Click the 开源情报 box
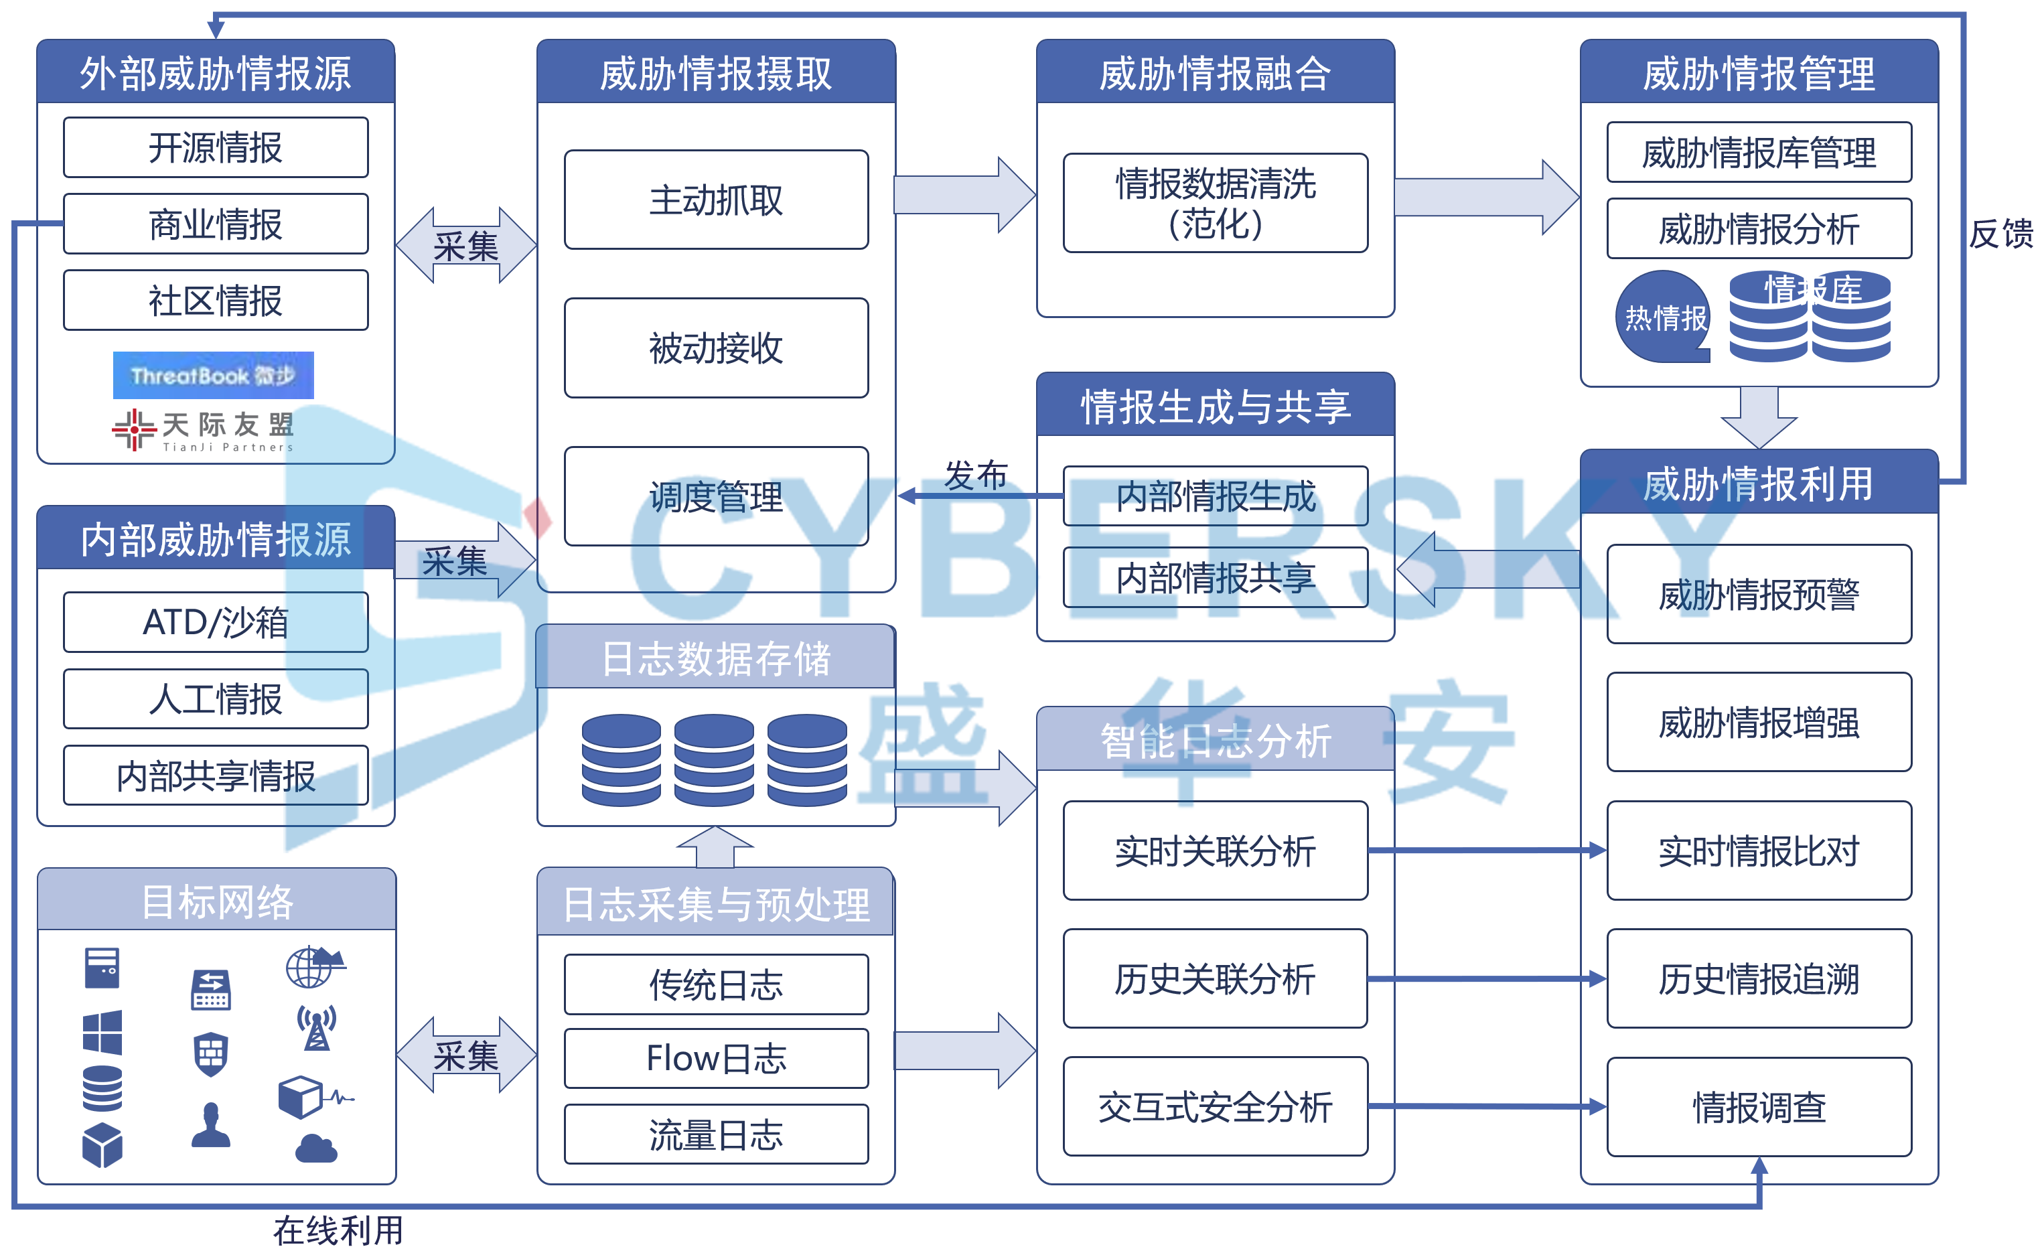pyautogui.click(x=215, y=147)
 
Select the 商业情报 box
pyautogui.click(x=215, y=224)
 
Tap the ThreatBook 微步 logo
pyautogui.click(x=213, y=375)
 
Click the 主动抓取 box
pyautogui.click(x=716, y=200)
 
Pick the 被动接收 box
pyautogui.click(x=716, y=348)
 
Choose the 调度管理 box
pyautogui.click(x=716, y=496)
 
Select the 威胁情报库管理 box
pyautogui.click(x=1758, y=152)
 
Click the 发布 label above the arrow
pyautogui.click(x=975, y=475)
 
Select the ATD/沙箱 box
pyautogui.click(x=215, y=622)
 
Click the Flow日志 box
pyautogui.click(x=716, y=1058)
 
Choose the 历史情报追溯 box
pyautogui.click(x=1758, y=978)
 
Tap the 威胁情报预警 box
pyautogui.click(x=1758, y=593)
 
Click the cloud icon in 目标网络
pyautogui.click(x=316, y=1149)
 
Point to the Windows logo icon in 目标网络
pyautogui.click(x=102, y=1032)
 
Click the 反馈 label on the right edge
pyautogui.click(x=1999, y=234)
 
